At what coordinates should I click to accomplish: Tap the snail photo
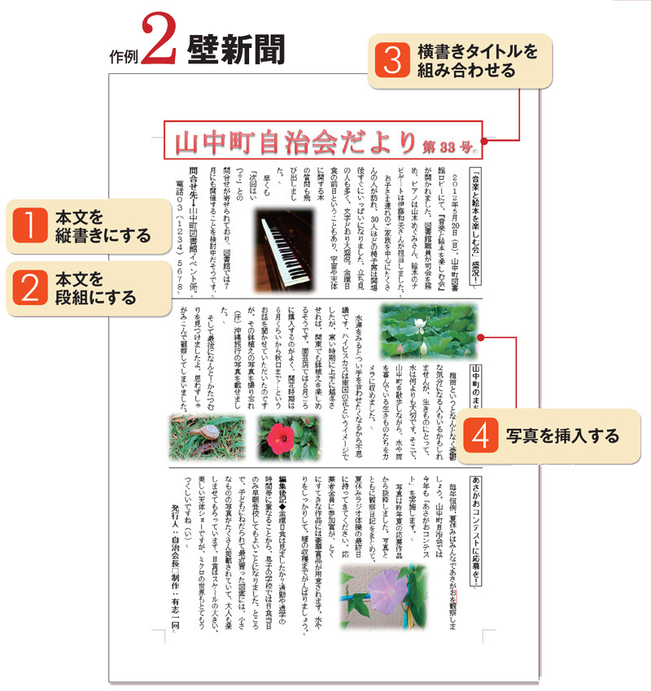[x=199, y=437]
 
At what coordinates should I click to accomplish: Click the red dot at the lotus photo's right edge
[x=481, y=336]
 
